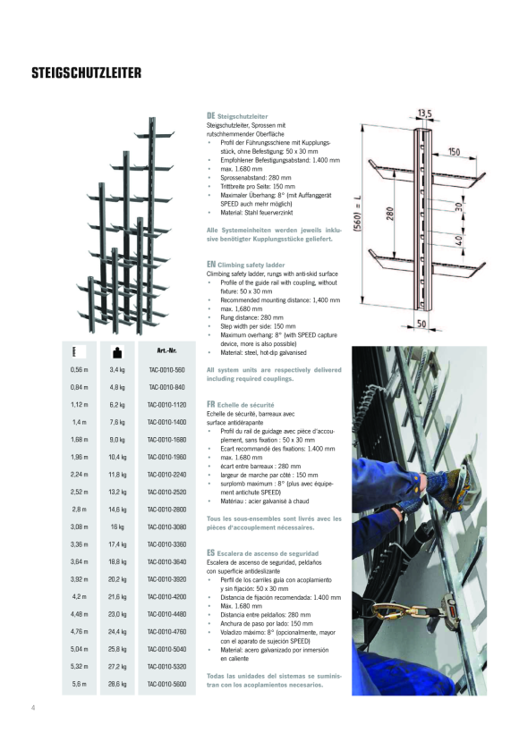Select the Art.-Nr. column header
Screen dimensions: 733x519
click(166, 350)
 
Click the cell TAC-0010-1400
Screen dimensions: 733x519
click(166, 421)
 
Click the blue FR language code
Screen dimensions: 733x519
click(211, 403)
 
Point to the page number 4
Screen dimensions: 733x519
click(33, 708)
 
